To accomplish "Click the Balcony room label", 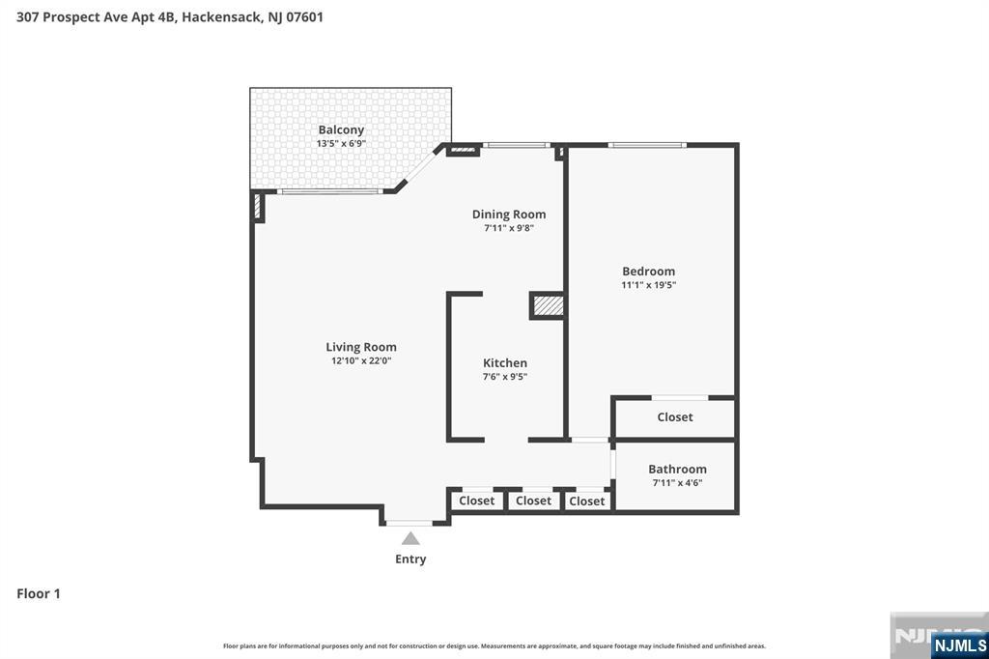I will [341, 129].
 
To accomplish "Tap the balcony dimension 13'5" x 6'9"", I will [341, 143].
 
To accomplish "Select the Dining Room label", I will [508, 215].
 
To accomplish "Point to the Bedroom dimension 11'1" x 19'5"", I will [648, 285].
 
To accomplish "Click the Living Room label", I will [360, 347].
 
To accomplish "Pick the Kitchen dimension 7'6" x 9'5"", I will [505, 377].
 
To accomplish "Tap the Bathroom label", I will [677, 469].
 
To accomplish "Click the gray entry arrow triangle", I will [410, 538].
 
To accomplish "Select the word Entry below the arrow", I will [410, 559].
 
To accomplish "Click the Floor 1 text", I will [39, 593].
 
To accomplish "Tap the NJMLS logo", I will [959, 645].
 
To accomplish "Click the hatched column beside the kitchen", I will [548, 306].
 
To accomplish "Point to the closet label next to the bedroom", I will [674, 417].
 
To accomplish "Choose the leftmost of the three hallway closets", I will [476, 501].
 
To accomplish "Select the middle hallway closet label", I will [533, 501].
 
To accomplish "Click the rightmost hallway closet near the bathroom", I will [586, 501].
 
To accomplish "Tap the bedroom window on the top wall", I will [647, 145].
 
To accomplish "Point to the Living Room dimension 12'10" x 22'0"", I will [360, 360].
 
